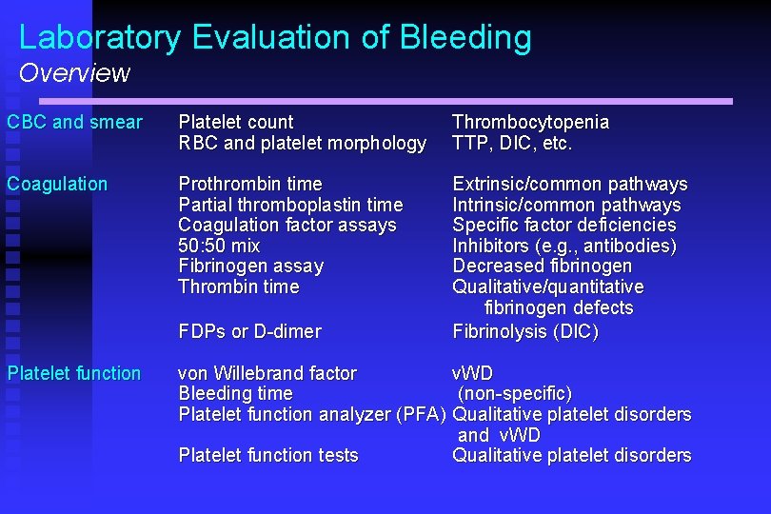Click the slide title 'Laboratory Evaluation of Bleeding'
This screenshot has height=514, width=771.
coord(275,37)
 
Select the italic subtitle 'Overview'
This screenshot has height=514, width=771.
coord(74,73)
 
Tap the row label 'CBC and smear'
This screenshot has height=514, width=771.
coord(74,122)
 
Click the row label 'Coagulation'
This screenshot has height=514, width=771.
coord(57,184)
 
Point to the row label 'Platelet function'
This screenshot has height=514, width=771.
coord(74,373)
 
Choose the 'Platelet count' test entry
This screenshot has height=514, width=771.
coord(236,122)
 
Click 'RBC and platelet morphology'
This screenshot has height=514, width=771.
coord(303,143)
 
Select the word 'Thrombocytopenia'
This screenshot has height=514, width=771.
coord(530,122)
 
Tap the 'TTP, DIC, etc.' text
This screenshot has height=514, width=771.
coord(512,143)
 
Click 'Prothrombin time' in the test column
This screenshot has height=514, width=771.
coord(250,184)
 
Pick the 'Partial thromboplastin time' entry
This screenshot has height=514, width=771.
coord(290,205)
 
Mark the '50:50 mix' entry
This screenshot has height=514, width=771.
coord(219,246)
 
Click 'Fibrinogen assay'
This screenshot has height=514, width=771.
coord(251,266)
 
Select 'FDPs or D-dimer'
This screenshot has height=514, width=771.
coord(250,331)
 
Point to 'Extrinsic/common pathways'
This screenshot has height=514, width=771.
coord(569,184)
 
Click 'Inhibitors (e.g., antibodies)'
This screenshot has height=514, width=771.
coord(564,246)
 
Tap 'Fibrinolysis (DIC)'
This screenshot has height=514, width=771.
coord(525,331)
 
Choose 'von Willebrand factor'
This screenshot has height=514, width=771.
coord(267,373)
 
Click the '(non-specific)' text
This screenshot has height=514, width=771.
coord(515,393)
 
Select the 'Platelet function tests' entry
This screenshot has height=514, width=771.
coord(268,455)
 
